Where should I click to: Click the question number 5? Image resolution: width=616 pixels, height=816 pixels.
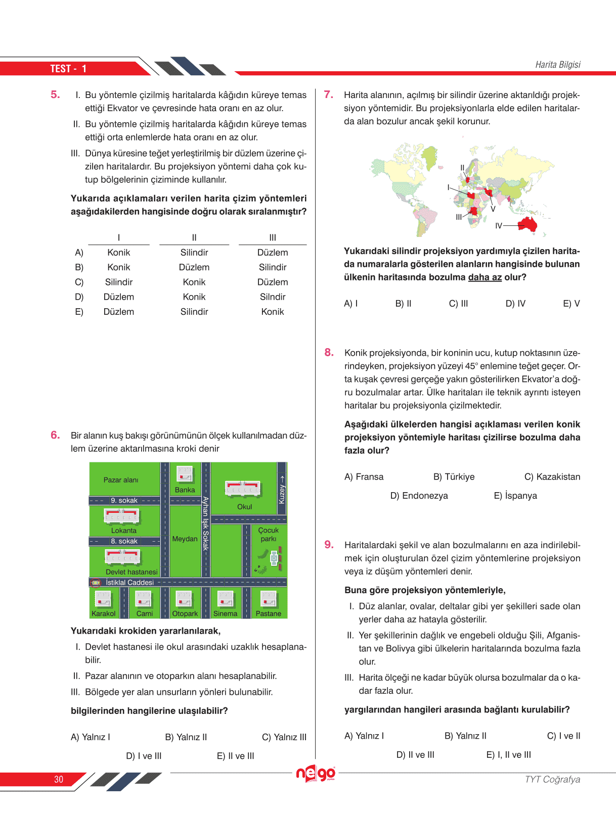point(55,94)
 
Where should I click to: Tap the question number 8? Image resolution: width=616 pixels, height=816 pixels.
point(329,352)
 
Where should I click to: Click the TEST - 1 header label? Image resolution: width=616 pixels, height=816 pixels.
point(68,69)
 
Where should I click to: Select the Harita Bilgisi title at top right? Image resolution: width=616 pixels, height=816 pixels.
point(557,65)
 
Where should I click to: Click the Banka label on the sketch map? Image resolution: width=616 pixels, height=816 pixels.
point(185,490)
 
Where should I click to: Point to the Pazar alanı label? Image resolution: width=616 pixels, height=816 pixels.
point(120,480)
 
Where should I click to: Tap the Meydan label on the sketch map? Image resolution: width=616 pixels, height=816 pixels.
point(185,539)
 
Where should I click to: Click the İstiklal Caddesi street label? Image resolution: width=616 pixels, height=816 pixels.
point(129,583)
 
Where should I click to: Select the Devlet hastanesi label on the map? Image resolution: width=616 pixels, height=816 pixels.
point(131,572)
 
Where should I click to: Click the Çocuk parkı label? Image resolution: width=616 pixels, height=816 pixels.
point(269,535)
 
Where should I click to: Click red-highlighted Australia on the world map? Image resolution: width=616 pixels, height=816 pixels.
point(527,223)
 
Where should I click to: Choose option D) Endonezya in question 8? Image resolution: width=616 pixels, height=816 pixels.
point(419,496)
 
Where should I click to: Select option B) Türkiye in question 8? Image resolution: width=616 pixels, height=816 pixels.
point(454,477)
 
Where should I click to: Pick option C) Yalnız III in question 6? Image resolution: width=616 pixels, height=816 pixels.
point(284,737)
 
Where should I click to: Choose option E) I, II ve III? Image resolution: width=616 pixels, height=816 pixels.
point(508,755)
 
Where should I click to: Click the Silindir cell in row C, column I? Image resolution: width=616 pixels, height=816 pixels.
point(119,282)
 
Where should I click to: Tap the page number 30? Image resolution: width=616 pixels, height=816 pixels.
point(59,780)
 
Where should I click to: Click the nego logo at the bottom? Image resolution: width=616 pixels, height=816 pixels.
point(316,774)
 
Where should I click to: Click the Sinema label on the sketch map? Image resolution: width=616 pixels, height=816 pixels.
point(225,613)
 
